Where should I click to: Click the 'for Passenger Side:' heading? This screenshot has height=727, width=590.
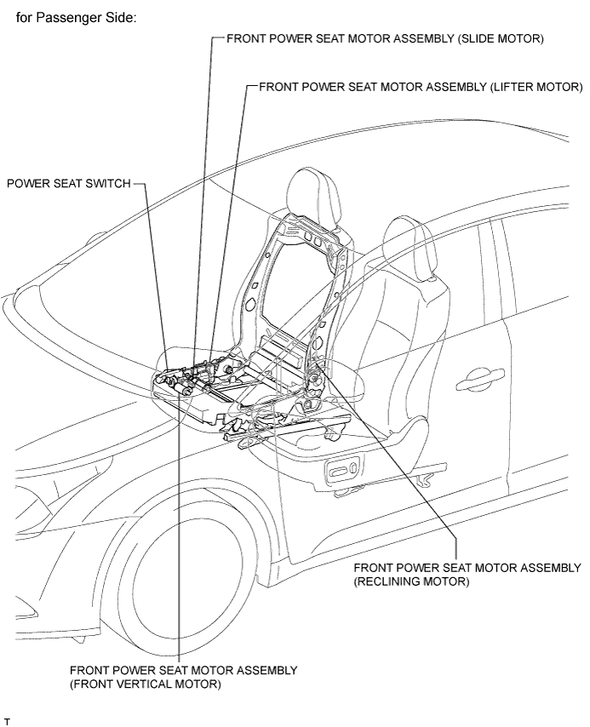76,18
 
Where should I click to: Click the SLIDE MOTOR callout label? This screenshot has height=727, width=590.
385,38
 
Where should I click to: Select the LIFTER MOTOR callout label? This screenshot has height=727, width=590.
421,87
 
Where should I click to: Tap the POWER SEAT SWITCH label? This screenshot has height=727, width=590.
69,184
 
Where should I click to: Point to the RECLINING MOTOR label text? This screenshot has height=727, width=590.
467,575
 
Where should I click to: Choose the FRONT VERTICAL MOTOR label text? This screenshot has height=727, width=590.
183,677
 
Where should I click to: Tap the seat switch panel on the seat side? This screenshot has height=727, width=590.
343,473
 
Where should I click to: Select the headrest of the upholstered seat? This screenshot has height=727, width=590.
411,248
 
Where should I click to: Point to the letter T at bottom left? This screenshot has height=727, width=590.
7,721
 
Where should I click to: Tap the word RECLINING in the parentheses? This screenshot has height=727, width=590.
394,581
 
